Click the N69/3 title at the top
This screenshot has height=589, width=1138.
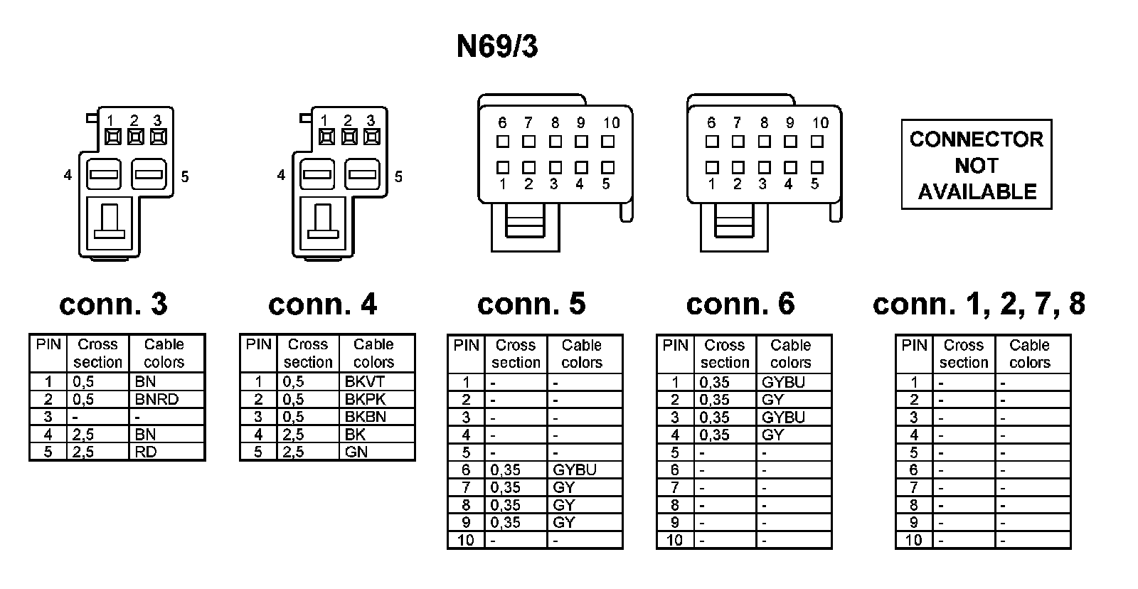click(x=496, y=47)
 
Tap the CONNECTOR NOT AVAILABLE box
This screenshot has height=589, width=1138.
click(x=976, y=165)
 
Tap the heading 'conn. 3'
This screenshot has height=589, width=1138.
click(x=113, y=304)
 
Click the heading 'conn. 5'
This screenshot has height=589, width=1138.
click(x=531, y=304)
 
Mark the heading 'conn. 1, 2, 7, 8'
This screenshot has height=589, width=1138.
click(x=979, y=304)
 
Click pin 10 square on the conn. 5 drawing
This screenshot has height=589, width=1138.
click(x=607, y=142)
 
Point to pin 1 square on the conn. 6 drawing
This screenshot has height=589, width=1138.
click(x=712, y=168)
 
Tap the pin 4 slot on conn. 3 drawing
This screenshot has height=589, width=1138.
click(x=104, y=174)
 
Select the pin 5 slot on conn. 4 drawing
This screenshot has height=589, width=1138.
click(x=363, y=174)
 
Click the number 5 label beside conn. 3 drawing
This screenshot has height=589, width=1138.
click(x=185, y=176)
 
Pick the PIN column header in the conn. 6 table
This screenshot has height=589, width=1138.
click(x=675, y=346)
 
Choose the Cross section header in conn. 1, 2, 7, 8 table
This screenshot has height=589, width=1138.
click(x=963, y=354)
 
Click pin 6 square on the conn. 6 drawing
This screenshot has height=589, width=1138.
click(x=712, y=142)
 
